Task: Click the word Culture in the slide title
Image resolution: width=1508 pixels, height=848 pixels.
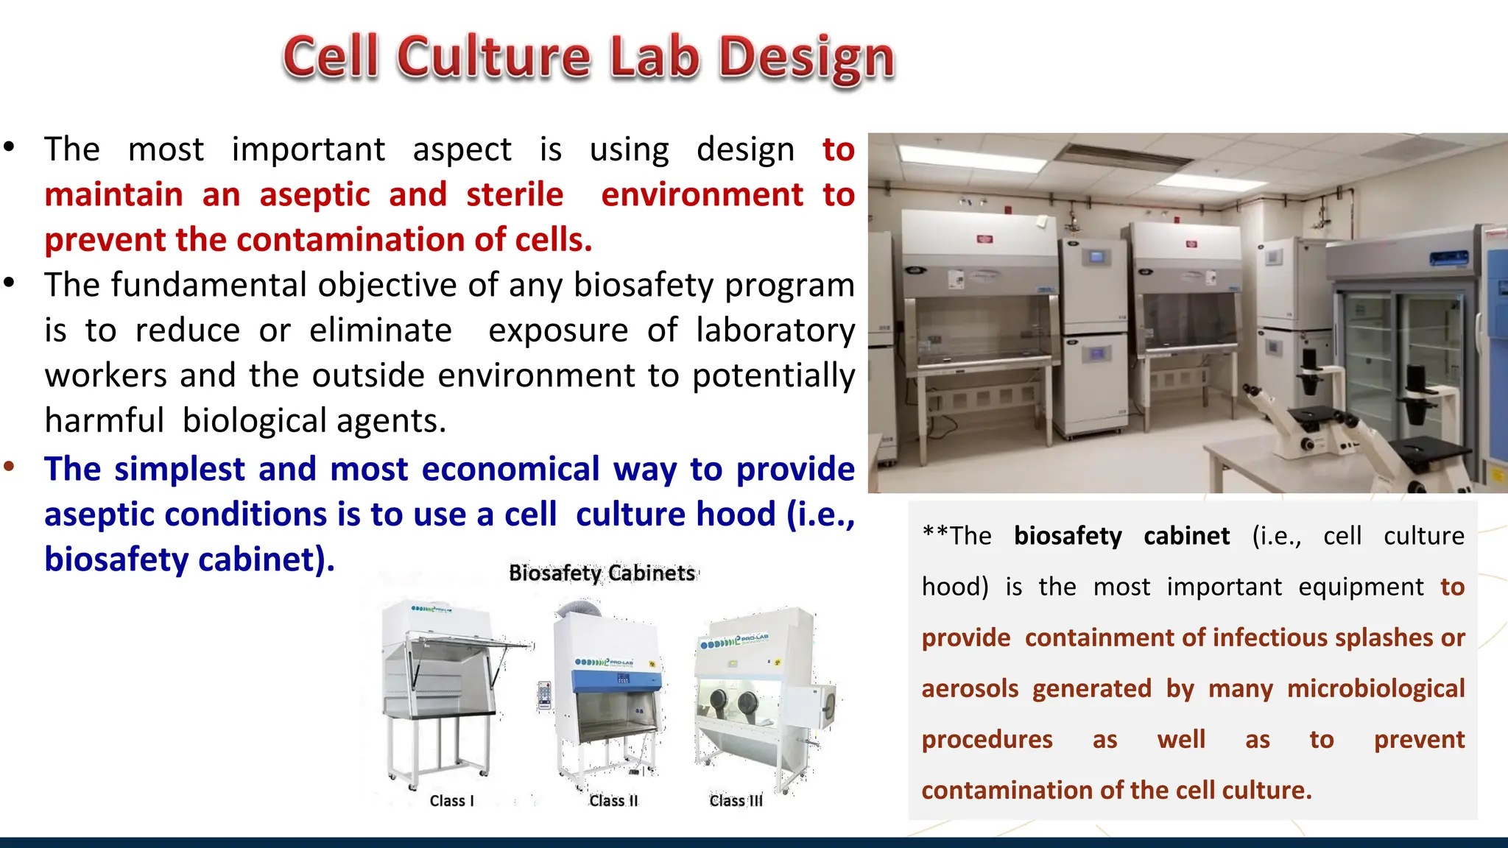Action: coord(493,57)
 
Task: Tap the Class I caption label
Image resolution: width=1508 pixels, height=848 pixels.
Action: coord(451,801)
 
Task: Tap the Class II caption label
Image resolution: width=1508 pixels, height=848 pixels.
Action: coord(613,801)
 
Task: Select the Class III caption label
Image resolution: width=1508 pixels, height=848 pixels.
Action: coord(736,801)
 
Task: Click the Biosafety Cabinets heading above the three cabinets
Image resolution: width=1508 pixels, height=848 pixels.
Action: coord(602,573)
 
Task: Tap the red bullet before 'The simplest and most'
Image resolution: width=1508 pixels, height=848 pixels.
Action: coord(9,466)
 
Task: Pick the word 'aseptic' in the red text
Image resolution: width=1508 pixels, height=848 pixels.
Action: coord(314,195)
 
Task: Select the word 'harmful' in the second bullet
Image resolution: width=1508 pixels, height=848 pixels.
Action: coord(104,421)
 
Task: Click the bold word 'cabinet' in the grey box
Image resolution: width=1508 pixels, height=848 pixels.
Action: coord(1186,536)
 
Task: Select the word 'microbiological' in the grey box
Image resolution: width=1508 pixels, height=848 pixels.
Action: coord(1375,689)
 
